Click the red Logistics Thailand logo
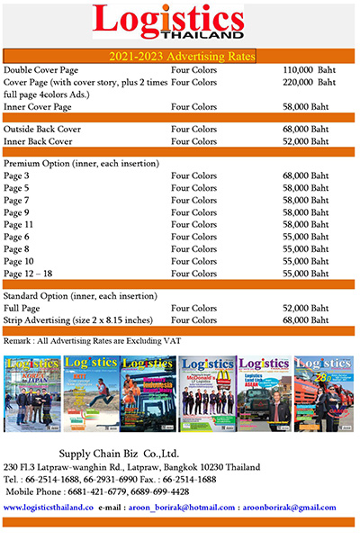pyautogui.click(x=167, y=22)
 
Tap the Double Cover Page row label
pyautogui.click(x=40, y=69)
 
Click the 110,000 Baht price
pyautogui.click(x=309, y=69)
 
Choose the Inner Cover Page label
pyautogui.click(x=38, y=106)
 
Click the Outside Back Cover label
pyautogui.click(x=42, y=129)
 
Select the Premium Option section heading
pyautogui.click(x=82, y=163)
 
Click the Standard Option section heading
pyautogui.click(x=83, y=296)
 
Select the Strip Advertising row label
pyautogui.click(x=77, y=320)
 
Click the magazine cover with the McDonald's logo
pyautogui.click(x=208, y=393)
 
